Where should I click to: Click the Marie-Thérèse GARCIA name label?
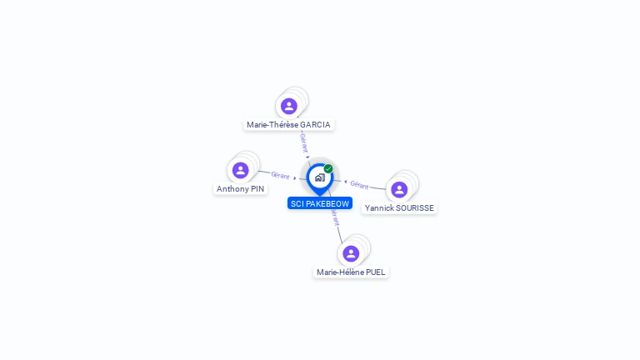click(x=288, y=124)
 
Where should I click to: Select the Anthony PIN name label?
click(x=240, y=188)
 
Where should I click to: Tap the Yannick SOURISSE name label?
click(x=399, y=207)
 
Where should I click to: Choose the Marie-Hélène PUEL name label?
click(x=351, y=272)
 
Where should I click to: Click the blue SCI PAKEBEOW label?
click(x=320, y=203)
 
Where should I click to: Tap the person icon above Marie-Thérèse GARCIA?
click(x=289, y=106)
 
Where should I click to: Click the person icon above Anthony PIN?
click(x=240, y=170)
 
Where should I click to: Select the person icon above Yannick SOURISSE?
click(x=399, y=190)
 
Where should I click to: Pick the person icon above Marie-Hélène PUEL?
click(x=351, y=253)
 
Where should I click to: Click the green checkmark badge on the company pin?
click(x=328, y=168)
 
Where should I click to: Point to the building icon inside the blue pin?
click(x=320, y=177)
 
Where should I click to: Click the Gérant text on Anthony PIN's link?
click(x=280, y=175)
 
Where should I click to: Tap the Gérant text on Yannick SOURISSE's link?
click(x=359, y=185)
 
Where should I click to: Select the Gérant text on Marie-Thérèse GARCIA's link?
click(x=303, y=142)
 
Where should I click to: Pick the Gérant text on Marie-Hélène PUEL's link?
click(x=335, y=217)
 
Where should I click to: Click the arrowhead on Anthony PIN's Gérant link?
click(x=295, y=178)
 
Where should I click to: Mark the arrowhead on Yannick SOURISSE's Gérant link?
click(x=345, y=182)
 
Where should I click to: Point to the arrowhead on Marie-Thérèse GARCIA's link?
click(x=307, y=157)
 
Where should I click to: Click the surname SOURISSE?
click(x=415, y=207)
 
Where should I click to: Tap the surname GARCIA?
click(x=315, y=124)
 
